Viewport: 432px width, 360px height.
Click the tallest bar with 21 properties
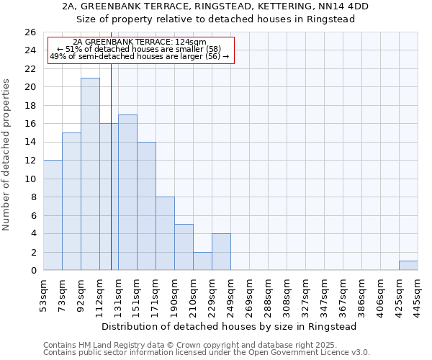click(90, 174)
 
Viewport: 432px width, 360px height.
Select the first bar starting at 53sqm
click(53, 215)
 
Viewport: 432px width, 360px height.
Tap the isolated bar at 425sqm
click(408, 266)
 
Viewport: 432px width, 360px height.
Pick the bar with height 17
click(127, 192)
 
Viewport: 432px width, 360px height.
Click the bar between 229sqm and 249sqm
click(221, 252)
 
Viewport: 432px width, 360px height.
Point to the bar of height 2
click(202, 261)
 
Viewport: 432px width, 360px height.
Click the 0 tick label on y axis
click(32, 271)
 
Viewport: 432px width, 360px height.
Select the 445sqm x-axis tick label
click(418, 295)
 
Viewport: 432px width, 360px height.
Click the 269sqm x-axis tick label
click(249, 295)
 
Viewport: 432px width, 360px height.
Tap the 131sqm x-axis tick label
click(118, 295)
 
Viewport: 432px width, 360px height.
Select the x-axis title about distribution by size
click(230, 326)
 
